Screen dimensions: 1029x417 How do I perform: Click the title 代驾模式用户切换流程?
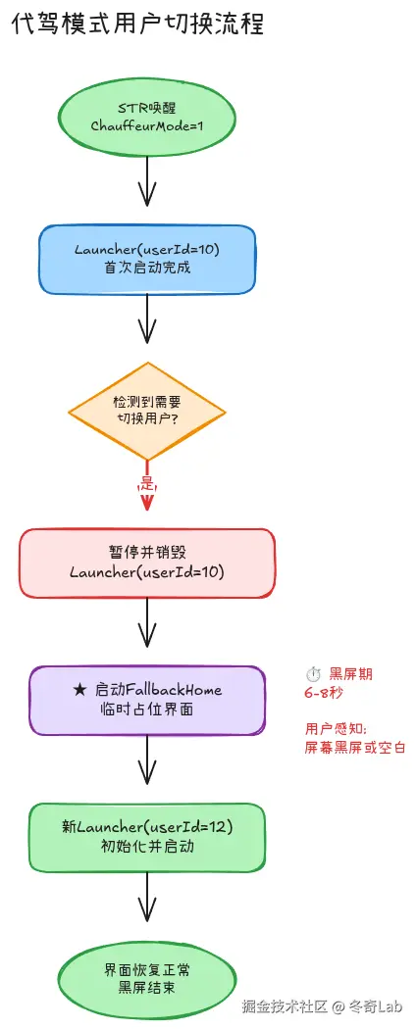coord(137,25)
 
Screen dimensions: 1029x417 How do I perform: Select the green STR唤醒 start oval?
coord(147,116)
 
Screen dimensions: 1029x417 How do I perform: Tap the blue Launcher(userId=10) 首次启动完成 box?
coord(147,260)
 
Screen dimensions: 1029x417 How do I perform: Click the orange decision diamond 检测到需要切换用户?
coord(147,411)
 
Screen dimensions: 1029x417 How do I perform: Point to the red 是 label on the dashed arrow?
coord(148,485)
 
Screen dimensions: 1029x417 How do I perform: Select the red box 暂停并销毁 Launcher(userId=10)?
coord(147,562)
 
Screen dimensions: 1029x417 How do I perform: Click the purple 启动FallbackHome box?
coord(147,700)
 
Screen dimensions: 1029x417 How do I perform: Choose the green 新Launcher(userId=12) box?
coord(147,837)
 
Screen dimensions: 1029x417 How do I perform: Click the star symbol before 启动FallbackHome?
coord(80,690)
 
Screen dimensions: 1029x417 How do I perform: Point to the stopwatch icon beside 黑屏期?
coord(313,674)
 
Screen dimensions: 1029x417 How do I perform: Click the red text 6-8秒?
coord(323,692)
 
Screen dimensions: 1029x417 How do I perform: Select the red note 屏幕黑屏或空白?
coord(355,748)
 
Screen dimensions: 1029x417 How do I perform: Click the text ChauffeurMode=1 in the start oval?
coord(147,125)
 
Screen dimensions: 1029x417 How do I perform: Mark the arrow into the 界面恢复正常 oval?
coord(147,896)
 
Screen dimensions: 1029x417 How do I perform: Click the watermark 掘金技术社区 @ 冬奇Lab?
coord(324,1006)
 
